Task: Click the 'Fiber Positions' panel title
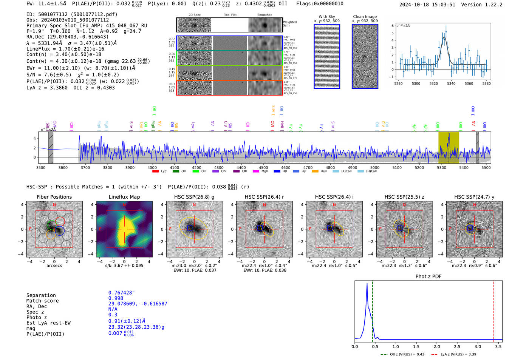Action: (54, 197)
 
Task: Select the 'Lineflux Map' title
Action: (124, 197)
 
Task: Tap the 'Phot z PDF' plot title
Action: (428, 277)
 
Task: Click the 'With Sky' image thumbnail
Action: (326, 56)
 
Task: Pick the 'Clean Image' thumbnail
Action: (365, 56)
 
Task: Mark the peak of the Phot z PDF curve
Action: (367, 284)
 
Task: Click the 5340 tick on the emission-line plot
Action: (451, 83)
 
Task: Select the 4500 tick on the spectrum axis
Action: (263, 167)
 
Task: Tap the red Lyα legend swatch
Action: (155, 172)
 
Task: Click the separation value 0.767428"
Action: (121, 293)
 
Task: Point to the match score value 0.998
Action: (115, 298)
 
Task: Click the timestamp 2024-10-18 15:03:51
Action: (427, 5)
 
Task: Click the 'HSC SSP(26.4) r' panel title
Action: (264, 197)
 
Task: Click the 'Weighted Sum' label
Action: (289, 24)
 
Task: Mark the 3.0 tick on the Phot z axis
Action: (478, 346)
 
